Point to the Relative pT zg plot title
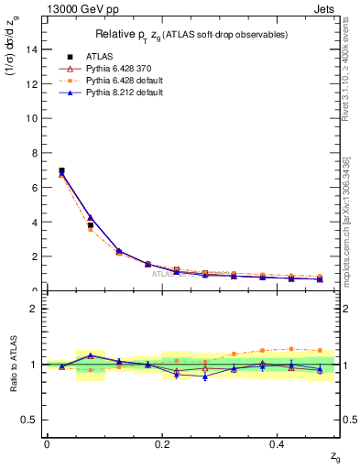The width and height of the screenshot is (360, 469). point(190,34)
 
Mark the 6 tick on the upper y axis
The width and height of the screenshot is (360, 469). point(35,188)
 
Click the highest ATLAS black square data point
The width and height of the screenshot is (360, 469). point(61,170)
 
